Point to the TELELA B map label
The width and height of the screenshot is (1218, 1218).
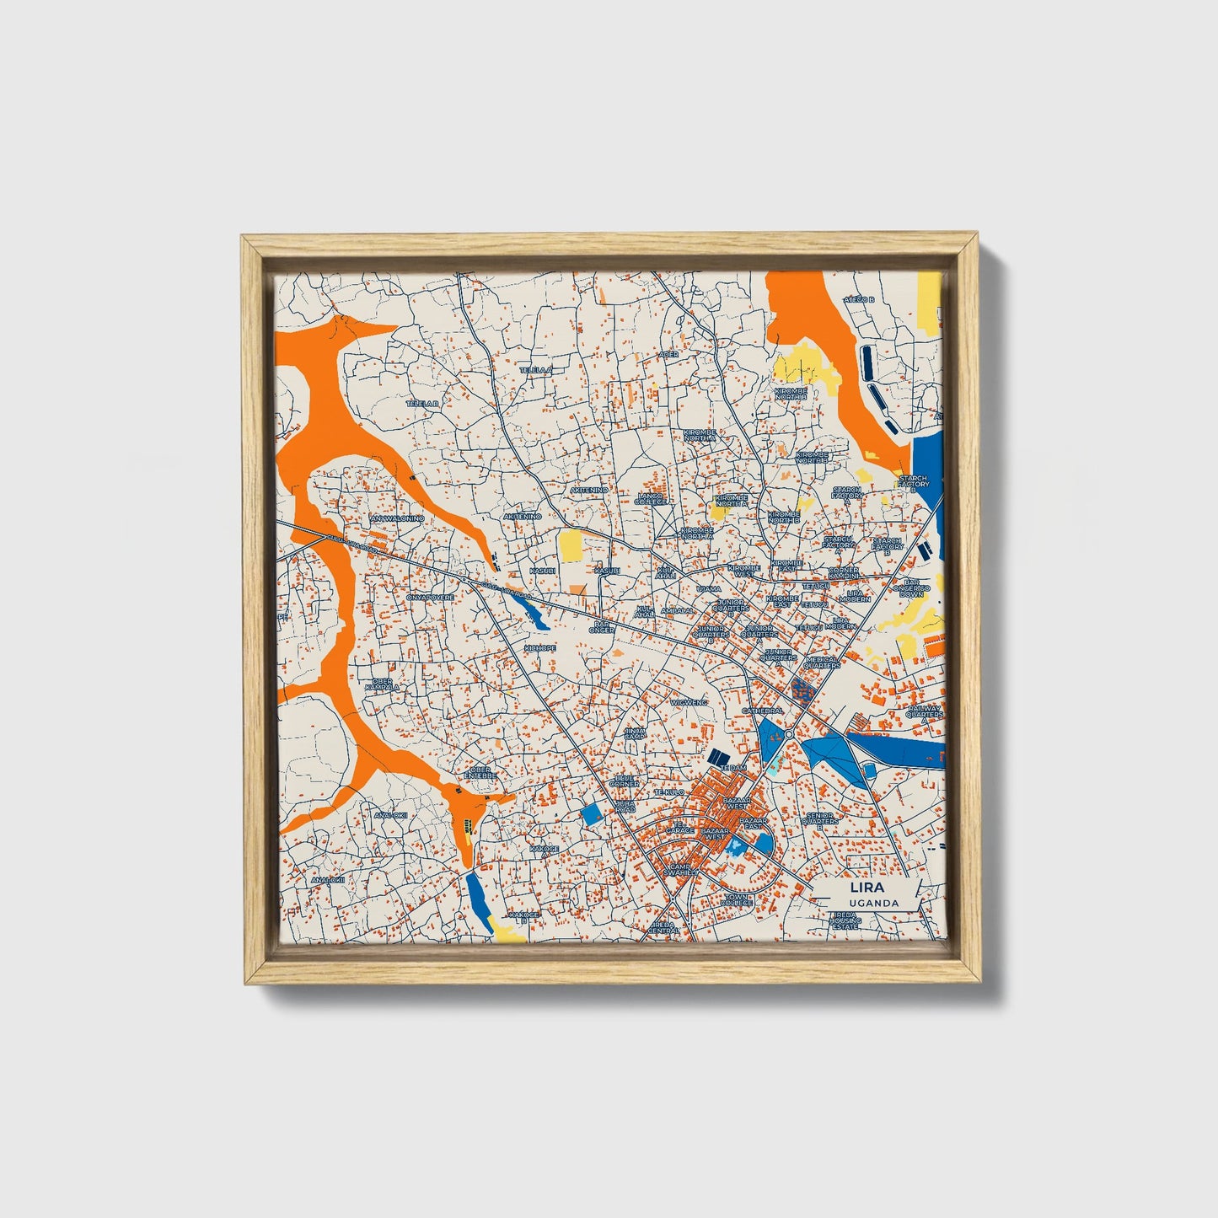pyautogui.click(x=423, y=404)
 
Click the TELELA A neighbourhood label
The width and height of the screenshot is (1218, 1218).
pyautogui.click(x=534, y=370)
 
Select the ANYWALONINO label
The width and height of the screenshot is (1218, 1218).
pyautogui.click(x=397, y=519)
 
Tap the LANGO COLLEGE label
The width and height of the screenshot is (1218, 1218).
pyautogui.click(x=653, y=499)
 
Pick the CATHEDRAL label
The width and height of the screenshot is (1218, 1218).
pyautogui.click(x=762, y=711)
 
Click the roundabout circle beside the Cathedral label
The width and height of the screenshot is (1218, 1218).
pyautogui.click(x=787, y=735)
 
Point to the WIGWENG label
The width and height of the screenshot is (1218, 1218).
pyautogui.click(x=689, y=701)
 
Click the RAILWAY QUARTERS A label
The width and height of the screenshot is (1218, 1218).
pyautogui.click(x=924, y=714)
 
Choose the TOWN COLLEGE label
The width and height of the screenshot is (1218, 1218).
pyautogui.click(x=737, y=899)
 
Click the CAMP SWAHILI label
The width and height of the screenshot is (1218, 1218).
pyautogui.click(x=681, y=869)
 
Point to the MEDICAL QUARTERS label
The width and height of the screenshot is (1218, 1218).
pyautogui.click(x=822, y=663)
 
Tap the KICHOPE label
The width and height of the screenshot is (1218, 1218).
pyautogui.click(x=539, y=647)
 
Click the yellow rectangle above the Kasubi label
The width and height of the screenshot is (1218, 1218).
pyautogui.click(x=571, y=545)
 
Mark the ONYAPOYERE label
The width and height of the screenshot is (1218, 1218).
pyautogui.click(x=431, y=597)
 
